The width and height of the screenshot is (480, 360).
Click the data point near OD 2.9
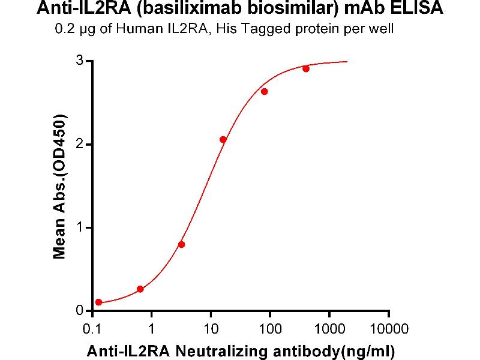coord(306,68)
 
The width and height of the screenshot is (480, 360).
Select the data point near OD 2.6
coord(265,91)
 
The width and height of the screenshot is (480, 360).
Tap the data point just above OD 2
coord(223,139)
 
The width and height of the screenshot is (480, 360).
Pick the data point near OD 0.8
coord(182,244)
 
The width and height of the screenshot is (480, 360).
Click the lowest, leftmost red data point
coord(98,302)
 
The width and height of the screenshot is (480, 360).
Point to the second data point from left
coord(140,289)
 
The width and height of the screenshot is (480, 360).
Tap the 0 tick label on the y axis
coord(79,311)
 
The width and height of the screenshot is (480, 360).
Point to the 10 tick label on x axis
coord(211,329)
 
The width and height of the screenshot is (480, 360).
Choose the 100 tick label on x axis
coord(269,329)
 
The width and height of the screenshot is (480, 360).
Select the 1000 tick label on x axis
coord(329,329)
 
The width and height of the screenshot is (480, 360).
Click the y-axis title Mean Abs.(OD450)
coord(59,186)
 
